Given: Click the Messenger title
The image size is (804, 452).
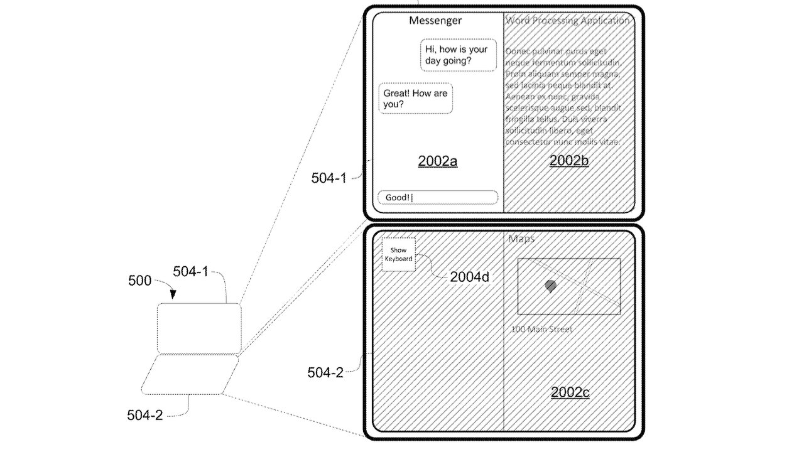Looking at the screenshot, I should tap(435, 20).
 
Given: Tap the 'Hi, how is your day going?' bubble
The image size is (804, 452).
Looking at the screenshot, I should tap(458, 55).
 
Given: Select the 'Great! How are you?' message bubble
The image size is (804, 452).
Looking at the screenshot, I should tap(415, 99).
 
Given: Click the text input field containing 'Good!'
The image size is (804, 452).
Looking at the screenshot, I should tap(437, 198).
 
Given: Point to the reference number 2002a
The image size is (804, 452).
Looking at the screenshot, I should tap(437, 161).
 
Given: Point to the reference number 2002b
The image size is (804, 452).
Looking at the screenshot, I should tap(568, 161).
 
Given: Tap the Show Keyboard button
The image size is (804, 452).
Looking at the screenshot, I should tap(399, 254).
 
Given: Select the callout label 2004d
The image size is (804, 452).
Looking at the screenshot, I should tap(469, 277).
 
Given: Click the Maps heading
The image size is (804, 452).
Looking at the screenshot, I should tap(521, 239).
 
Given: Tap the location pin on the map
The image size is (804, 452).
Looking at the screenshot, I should tap(550, 286).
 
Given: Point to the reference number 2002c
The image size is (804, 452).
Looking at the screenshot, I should tap(570, 393).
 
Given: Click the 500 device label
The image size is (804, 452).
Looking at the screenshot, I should tap(139, 281).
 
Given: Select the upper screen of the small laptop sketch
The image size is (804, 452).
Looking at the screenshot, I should tap(198, 328).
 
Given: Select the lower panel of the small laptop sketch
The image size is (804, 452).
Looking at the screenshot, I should tap(189, 375).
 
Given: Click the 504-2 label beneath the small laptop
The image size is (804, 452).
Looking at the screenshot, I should tap(145, 415).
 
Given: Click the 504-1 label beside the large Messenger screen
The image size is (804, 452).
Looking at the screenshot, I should tap(329, 178).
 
